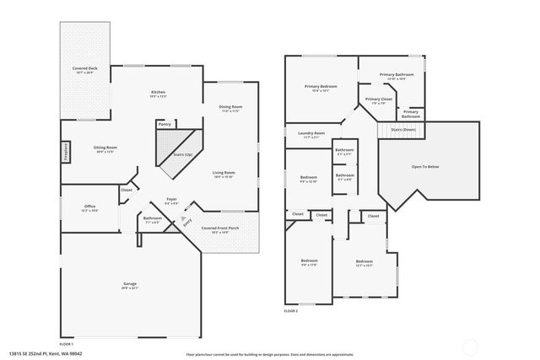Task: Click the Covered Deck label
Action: (84, 70)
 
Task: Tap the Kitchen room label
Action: (158, 92)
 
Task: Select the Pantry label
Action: (165, 124)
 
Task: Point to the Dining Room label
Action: (231, 106)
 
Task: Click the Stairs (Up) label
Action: (182, 155)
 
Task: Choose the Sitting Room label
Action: (105, 148)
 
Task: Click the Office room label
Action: (89, 207)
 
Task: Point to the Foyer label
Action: (171, 201)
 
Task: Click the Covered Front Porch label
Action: (219, 228)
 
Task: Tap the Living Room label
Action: (224, 173)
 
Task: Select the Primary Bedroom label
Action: (321, 86)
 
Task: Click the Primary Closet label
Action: (379, 99)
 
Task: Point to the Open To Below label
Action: (424, 166)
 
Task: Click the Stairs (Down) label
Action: (403, 130)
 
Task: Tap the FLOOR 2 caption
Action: (290, 311)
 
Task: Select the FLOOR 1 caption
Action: (67, 344)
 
